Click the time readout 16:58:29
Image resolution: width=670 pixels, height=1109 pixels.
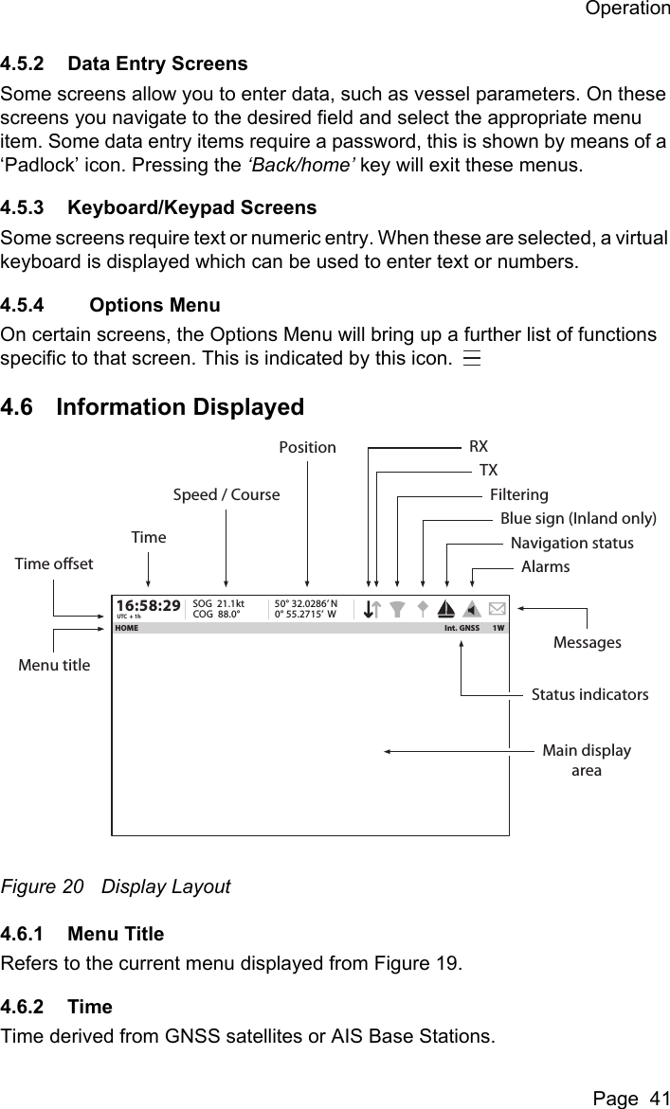pos(148,604)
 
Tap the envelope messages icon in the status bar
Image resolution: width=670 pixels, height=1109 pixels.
pos(498,608)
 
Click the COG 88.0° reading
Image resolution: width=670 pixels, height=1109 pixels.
pos(216,614)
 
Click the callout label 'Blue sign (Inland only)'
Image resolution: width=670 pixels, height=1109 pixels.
pos(578,518)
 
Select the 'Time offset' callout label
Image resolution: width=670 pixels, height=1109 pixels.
pos(54,564)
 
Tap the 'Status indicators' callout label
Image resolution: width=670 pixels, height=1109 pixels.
pos(589,694)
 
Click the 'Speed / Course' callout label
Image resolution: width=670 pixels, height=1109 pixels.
pos(226,494)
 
